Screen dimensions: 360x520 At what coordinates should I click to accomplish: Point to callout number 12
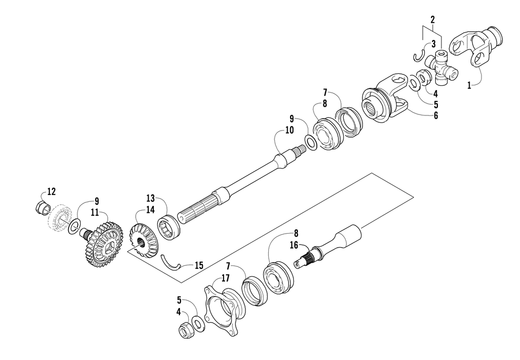tap(51, 191)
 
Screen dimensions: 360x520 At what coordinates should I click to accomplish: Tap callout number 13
tap(150, 198)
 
